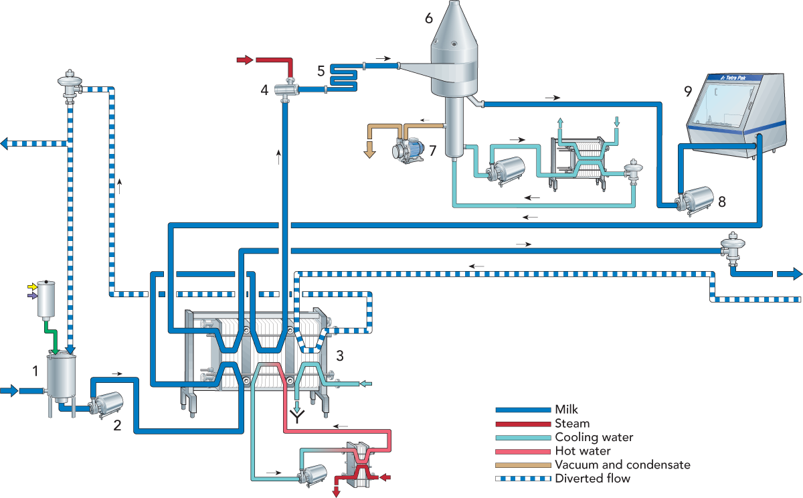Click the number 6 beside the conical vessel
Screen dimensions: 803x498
coord(429,18)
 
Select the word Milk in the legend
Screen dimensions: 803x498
coord(566,410)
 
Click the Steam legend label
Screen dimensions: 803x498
coord(572,424)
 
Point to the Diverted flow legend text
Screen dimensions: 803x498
coord(593,479)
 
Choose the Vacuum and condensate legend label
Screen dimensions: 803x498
coord(623,465)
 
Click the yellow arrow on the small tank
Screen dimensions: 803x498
coord(32,287)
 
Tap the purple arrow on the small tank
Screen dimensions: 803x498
coord(32,296)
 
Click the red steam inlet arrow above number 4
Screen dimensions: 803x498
coord(245,60)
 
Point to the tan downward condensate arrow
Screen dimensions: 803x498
coord(369,149)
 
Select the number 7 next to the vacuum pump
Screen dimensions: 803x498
coord(433,151)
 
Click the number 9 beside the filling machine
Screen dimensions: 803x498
coord(688,92)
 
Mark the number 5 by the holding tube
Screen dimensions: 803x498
coord(321,71)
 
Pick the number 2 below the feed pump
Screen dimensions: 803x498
coord(117,426)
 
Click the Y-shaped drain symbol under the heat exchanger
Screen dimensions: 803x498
coord(298,417)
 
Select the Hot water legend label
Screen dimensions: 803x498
coord(583,450)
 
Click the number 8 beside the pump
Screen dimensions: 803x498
coord(722,202)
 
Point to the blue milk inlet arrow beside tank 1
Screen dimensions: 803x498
coord(9,390)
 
